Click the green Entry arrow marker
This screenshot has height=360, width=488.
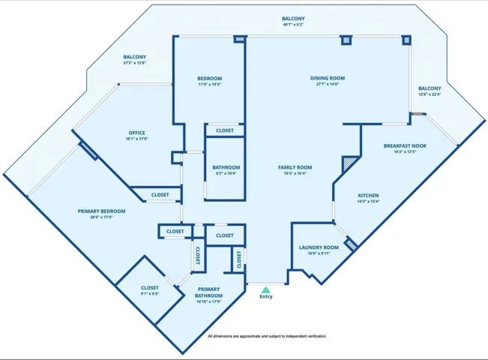[266, 288]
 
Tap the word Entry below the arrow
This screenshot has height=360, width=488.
[266, 296]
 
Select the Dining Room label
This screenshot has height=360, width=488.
[327, 78]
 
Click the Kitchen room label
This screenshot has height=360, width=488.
[368, 195]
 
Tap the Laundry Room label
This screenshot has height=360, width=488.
[319, 247]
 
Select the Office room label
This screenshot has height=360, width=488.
[136, 133]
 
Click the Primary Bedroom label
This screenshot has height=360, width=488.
[101, 211]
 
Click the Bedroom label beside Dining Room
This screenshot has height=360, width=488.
[209, 78]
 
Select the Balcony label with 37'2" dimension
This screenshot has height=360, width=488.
[135, 57]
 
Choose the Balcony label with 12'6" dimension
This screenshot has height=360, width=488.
[430, 88]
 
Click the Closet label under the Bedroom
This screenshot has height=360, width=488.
[225, 130]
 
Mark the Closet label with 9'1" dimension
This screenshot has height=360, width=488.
[150, 288]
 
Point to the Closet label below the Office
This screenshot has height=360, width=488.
[160, 195]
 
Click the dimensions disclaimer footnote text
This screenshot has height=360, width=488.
[266, 337]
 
